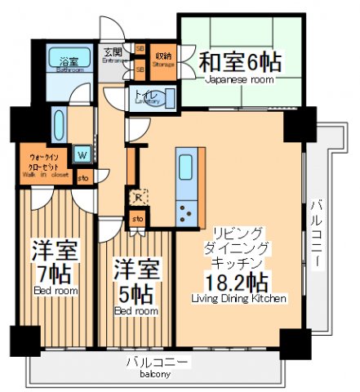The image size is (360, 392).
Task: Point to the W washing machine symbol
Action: pos(82,153)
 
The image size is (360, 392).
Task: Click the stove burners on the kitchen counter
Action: pos(186,212)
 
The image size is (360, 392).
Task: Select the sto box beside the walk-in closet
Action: pos(82,176)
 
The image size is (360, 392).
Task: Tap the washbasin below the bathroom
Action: pos(60,123)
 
